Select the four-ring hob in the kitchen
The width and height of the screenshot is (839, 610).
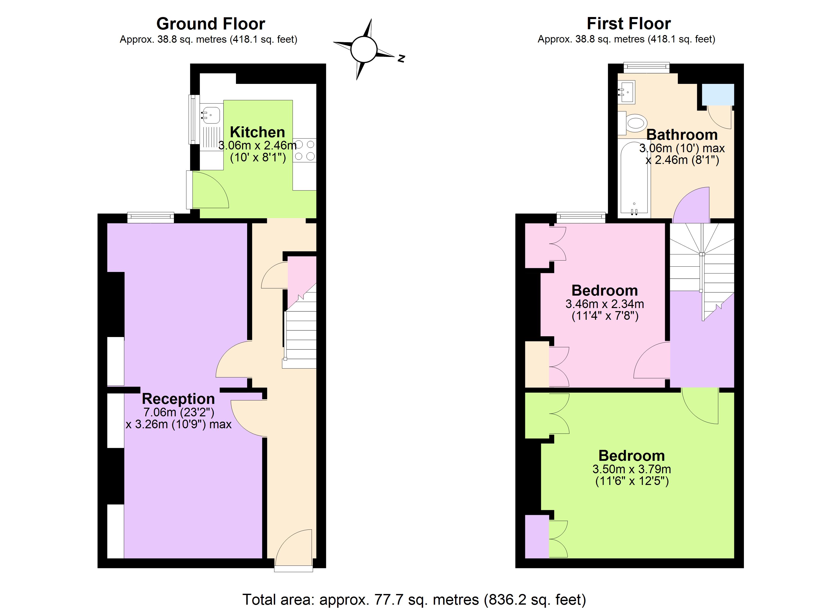point(305,150)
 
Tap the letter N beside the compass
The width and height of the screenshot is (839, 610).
point(401,58)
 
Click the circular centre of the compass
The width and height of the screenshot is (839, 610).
point(364,49)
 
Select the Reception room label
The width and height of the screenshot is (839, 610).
point(178,399)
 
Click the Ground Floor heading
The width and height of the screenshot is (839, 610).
point(211,24)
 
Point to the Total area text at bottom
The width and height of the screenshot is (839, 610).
point(414,599)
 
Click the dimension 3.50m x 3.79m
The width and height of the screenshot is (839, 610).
point(632,469)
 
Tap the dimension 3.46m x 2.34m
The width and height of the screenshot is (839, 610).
point(605,304)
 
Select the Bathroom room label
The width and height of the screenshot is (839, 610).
point(682,135)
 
